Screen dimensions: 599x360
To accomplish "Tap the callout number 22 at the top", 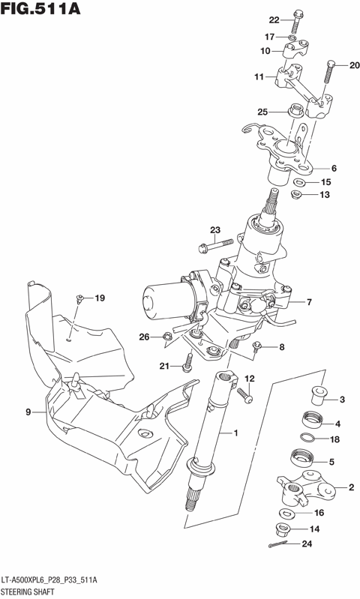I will click(x=274, y=19).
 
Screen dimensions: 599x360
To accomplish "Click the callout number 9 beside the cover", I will click(x=28, y=412).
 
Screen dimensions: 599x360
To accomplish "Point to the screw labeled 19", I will click(x=79, y=301).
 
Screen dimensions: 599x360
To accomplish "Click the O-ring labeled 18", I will click(x=308, y=439).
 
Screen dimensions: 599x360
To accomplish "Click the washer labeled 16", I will click(x=286, y=513).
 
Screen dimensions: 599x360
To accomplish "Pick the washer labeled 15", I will click(x=298, y=182).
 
